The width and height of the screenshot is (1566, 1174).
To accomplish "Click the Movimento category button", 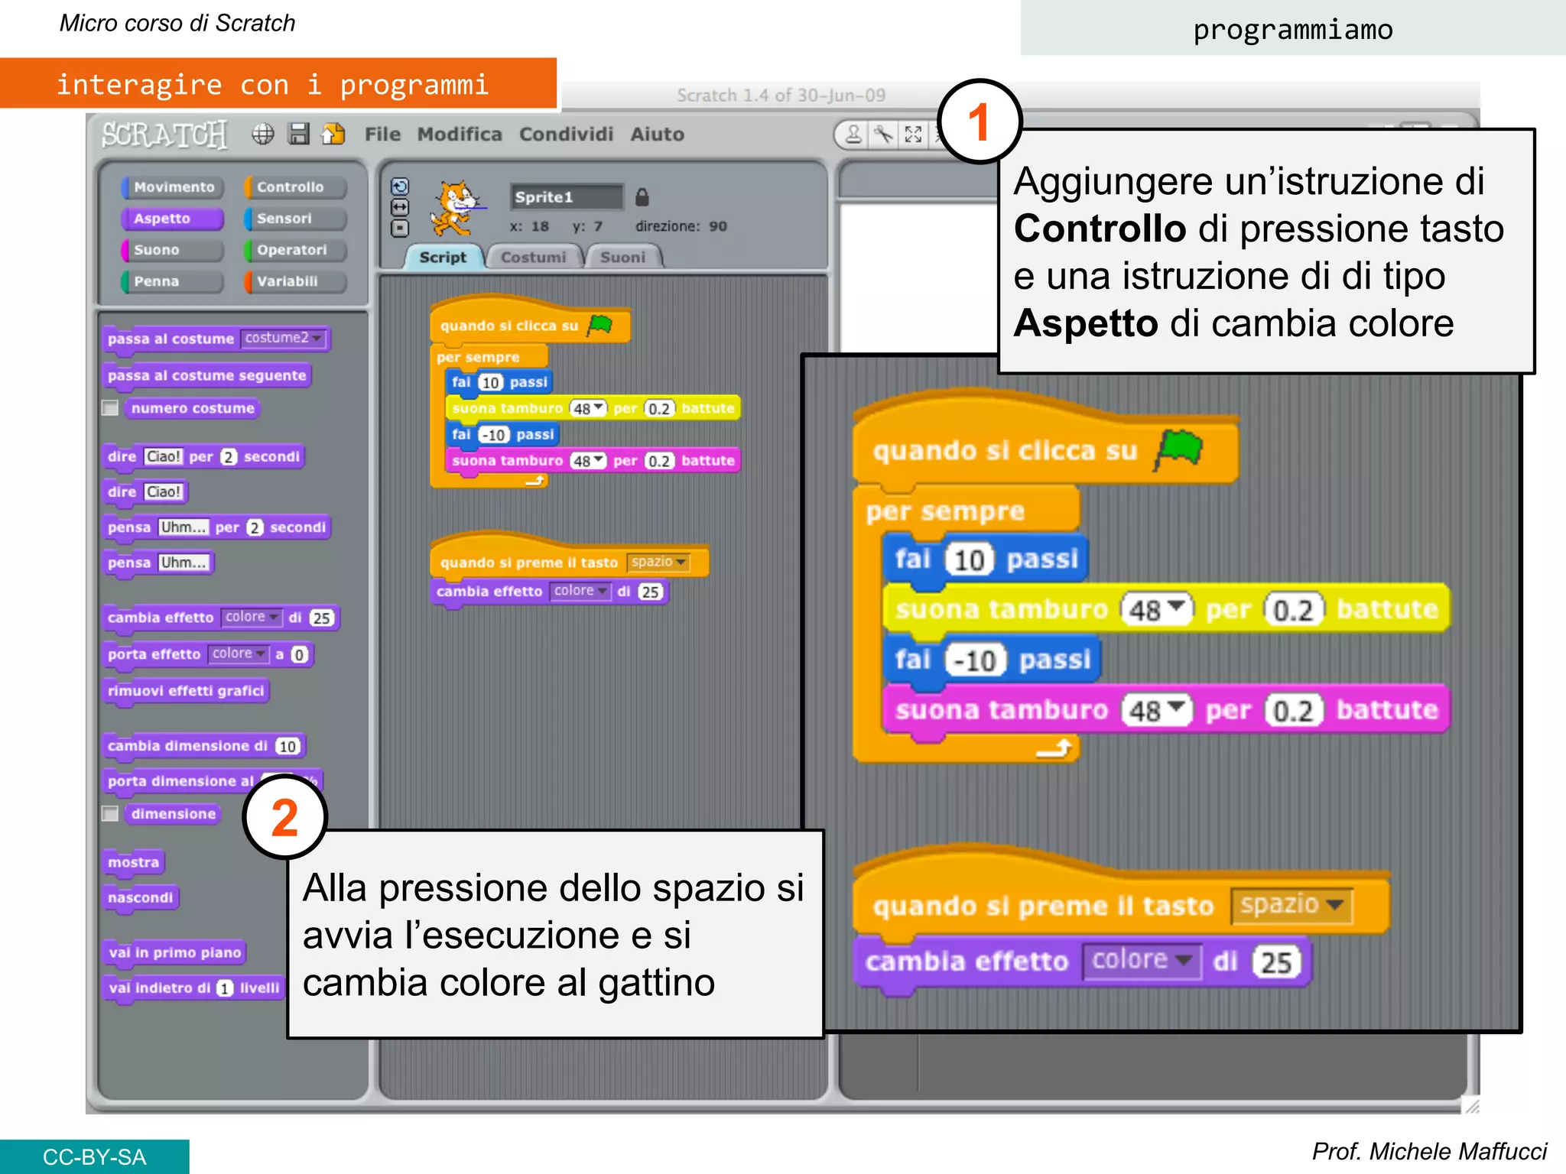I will [x=173, y=187].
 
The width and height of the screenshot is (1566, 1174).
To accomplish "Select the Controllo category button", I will [x=294, y=187].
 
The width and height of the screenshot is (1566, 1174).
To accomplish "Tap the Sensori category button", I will [x=294, y=219].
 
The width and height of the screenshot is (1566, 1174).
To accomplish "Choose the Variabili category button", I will [x=294, y=281].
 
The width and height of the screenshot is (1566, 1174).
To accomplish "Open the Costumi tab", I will [x=533, y=258].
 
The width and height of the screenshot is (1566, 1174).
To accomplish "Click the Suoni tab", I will [x=622, y=258].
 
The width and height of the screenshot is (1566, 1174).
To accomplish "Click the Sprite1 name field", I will [x=567, y=197].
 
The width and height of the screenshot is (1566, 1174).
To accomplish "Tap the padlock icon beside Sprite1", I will [x=642, y=197].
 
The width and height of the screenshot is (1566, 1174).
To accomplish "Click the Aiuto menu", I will [x=657, y=135].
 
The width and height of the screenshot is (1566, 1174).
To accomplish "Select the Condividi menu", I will [x=566, y=135].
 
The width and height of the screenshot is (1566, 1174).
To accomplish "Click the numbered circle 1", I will [x=980, y=122].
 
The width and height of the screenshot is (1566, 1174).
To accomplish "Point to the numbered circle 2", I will [x=284, y=817].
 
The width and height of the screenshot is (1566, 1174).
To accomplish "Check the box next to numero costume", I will [x=111, y=408].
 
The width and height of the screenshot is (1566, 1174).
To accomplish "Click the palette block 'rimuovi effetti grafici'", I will [x=186, y=691].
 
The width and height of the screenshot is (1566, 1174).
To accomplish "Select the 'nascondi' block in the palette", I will [x=141, y=897].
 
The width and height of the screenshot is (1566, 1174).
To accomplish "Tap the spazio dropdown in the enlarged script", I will [x=1291, y=905].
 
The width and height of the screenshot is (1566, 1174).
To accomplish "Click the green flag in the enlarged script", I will [x=1180, y=449].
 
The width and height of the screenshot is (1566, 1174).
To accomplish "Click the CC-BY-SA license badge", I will [x=94, y=1156].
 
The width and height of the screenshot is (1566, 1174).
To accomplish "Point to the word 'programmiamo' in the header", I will [x=1292, y=30].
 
